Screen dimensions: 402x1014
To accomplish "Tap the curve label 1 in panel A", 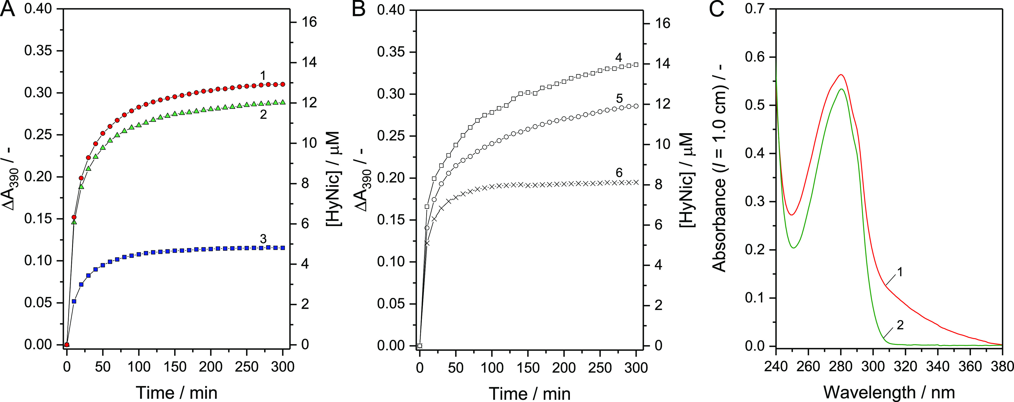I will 263,75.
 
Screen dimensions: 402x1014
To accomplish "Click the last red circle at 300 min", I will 283,84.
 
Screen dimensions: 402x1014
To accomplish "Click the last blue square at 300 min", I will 283,248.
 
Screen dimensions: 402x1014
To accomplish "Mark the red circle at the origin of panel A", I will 67,344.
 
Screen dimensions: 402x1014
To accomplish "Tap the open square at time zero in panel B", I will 420,346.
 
